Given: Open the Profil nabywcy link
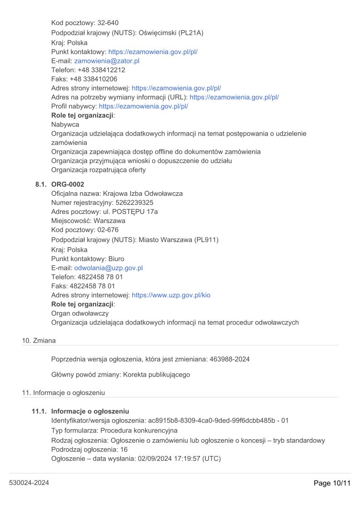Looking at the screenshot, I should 143,106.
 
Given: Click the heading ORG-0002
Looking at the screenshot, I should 68,184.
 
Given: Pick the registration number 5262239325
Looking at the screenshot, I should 134,203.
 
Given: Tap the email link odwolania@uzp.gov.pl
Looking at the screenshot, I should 108,268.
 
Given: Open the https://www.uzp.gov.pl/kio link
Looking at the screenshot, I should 171,295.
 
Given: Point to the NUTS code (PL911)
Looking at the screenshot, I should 206,240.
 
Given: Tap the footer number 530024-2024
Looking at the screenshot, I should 29,483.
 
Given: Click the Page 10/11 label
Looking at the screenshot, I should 332,483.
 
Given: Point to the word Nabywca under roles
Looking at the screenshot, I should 65,124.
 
